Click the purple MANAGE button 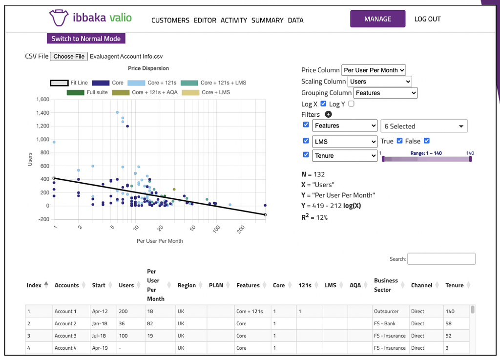377,19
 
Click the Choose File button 69,57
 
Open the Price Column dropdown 374,70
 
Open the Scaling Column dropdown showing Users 380,82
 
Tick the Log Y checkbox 351,104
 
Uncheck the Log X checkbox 323,104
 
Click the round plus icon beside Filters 328,114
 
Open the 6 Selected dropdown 424,127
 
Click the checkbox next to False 427,141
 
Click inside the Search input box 441,258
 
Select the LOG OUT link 427,19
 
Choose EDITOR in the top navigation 205,21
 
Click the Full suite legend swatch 76,92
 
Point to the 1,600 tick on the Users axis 43,100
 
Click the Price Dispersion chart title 148,68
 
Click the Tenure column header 455,285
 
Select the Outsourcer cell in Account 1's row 386,311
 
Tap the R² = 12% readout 314,217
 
